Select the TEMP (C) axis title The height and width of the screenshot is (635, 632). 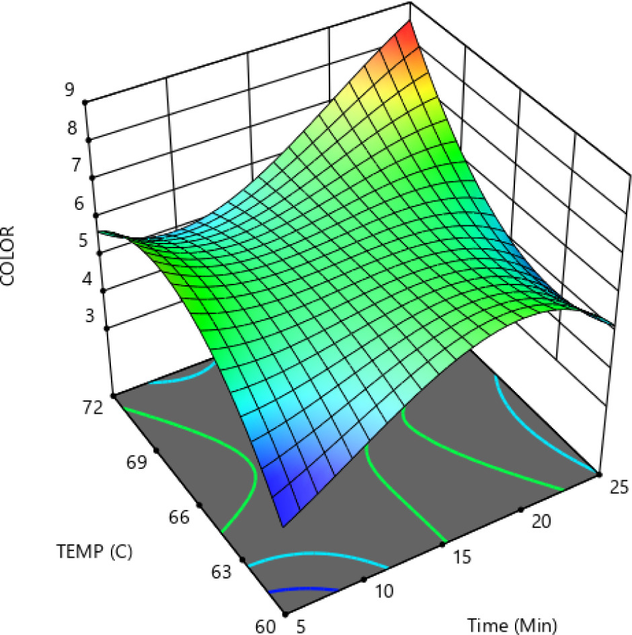[x=94, y=552]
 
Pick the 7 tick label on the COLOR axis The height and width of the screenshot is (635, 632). [x=71, y=165]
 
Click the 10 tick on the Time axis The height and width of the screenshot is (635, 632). [x=385, y=591]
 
